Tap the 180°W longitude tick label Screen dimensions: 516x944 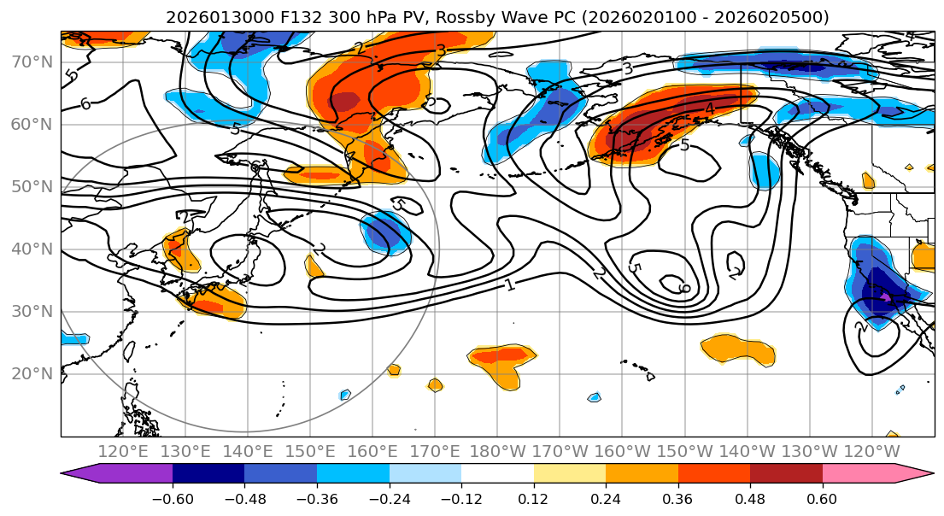[497, 451]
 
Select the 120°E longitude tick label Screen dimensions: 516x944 [123, 451]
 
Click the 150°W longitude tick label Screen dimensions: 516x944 [684, 451]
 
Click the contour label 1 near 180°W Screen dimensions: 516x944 [510, 284]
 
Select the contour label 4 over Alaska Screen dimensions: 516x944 [709, 108]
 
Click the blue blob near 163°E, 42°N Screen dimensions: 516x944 [387, 232]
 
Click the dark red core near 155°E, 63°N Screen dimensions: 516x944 [345, 101]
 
